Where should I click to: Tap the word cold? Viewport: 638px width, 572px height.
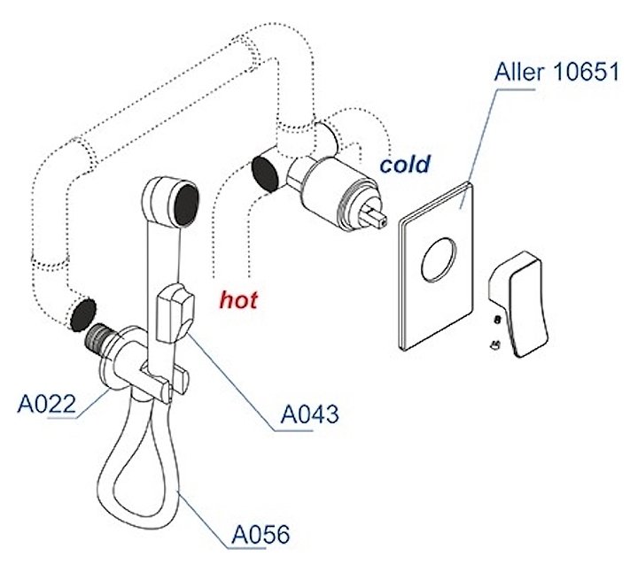point(405,164)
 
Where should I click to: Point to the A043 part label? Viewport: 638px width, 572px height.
point(309,414)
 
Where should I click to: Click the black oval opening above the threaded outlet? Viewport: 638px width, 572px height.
point(81,313)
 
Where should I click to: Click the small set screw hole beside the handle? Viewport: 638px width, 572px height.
point(497,320)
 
